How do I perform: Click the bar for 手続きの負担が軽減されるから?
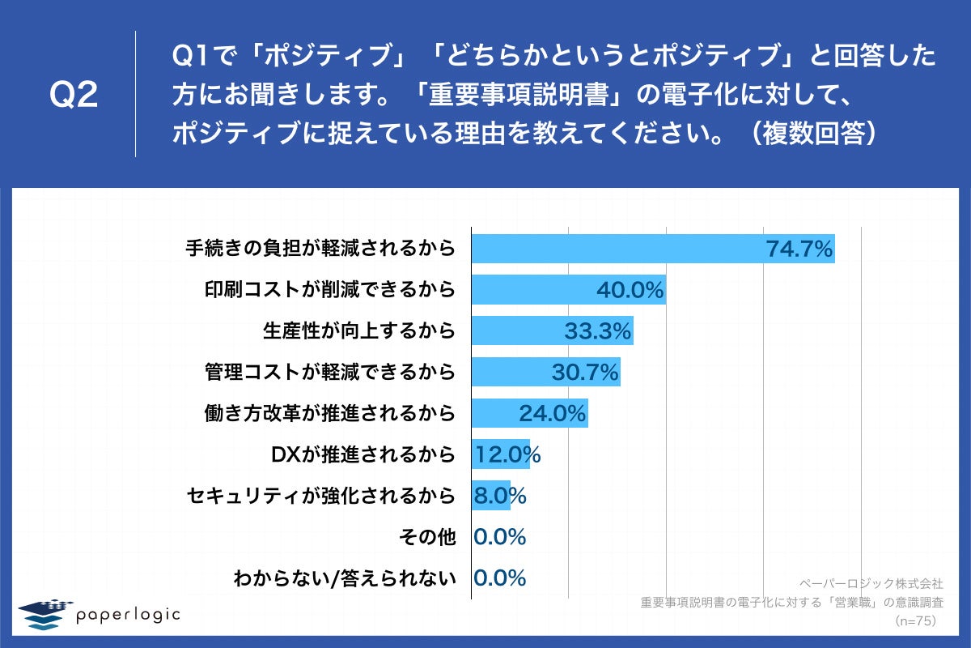pos(615,249)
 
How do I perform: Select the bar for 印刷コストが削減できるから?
pos(534,289)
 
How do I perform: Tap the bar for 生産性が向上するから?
pos(518,331)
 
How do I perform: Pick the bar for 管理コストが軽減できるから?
pos(510,373)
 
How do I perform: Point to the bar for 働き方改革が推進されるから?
pos(494,414)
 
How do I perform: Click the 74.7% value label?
pos(799,249)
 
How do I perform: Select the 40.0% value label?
pos(630,290)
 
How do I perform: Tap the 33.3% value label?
pos(597,331)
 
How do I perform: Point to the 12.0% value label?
pos(507,454)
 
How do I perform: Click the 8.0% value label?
pos(499,496)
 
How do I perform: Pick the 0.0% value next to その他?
pos(499,537)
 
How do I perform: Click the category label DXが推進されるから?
pos(363,454)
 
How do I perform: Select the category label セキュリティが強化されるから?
pos(320,496)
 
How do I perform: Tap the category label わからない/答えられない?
pos(345,578)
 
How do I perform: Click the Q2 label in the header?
pos(74,96)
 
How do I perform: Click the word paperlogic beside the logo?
pos(128,615)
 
